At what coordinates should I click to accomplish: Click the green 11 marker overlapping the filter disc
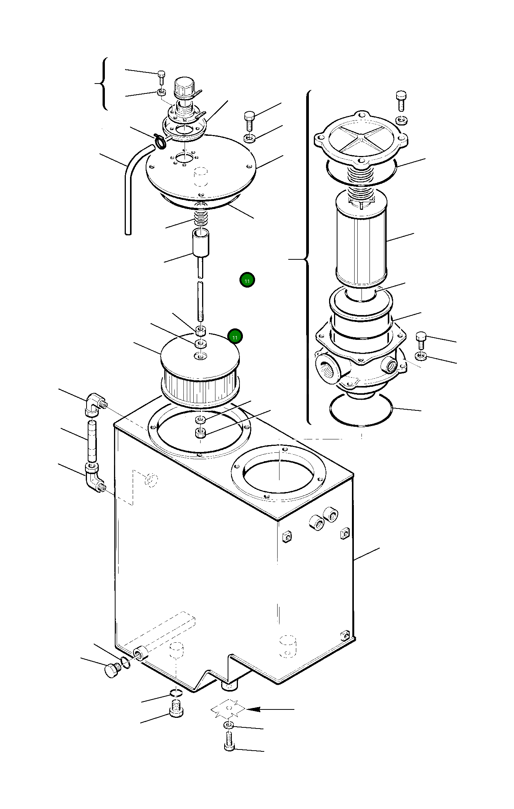[235, 337]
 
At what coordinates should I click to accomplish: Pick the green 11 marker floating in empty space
[247, 280]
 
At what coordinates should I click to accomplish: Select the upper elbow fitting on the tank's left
[95, 404]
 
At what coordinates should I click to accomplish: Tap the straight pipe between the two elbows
[92, 441]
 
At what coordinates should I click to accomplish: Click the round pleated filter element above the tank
[200, 369]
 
